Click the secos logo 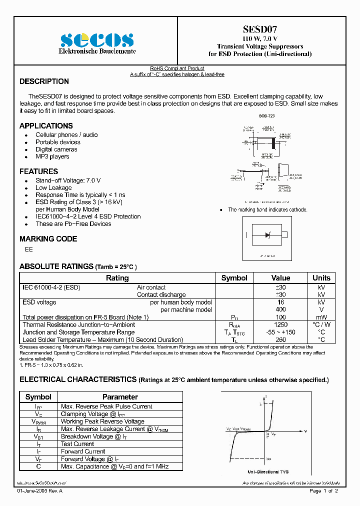[x=96, y=40]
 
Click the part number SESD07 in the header [x=259, y=30]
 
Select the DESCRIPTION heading [x=44, y=81]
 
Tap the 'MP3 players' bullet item [x=52, y=156]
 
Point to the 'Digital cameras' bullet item [x=56, y=149]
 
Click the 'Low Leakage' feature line [x=53, y=188]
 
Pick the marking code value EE [x=28, y=249]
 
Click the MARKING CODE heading [x=48, y=239]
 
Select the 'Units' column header [x=321, y=278]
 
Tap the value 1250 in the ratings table [x=280, y=325]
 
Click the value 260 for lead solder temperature [x=280, y=340]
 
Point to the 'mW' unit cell [x=321, y=317]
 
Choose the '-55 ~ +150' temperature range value [x=280, y=332]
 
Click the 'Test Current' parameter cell [x=77, y=444]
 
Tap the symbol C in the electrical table [x=38, y=466]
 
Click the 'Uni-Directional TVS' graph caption [x=268, y=472]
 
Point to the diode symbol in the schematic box [x=268, y=235]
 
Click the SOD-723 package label [x=266, y=116]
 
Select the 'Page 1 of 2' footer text [x=324, y=491]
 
